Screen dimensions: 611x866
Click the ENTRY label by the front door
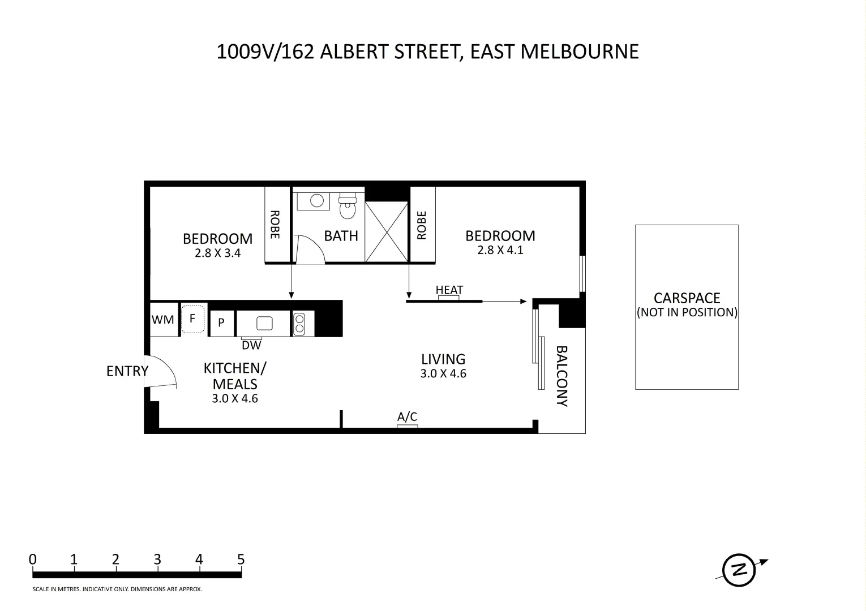127,371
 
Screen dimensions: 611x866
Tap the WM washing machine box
163,320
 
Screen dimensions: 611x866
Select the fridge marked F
192,319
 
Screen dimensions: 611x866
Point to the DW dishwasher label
251,345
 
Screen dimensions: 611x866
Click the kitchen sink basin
264,323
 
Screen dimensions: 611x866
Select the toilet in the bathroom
347,206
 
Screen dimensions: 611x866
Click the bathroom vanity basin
316,200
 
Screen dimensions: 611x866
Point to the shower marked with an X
387,231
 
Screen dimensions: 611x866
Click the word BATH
341,236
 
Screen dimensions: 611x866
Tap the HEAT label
449,290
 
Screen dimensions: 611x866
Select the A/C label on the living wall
407,418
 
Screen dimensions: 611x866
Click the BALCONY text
562,376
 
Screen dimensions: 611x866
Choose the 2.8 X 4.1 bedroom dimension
500,250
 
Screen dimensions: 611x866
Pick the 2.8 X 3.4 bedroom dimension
217,253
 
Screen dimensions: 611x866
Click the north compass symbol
739,569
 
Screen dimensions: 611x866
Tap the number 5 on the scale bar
241,560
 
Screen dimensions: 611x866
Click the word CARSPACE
687,298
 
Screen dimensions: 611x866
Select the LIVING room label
443,359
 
